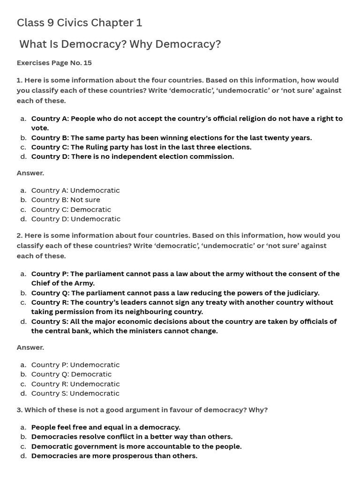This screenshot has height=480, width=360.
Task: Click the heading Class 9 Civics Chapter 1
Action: click(79, 22)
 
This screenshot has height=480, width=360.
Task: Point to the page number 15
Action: click(87, 62)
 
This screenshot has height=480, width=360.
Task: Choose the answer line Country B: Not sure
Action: click(66, 200)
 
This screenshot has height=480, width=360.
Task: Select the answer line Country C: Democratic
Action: click(71, 210)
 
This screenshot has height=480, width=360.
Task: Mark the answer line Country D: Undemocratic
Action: click(75, 219)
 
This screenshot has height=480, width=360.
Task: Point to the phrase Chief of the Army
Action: click(63, 283)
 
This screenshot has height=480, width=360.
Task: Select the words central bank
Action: click(68, 331)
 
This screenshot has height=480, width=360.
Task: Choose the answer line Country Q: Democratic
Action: click(71, 374)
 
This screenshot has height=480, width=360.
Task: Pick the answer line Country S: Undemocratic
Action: click(75, 393)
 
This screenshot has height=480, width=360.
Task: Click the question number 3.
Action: click(19, 410)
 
